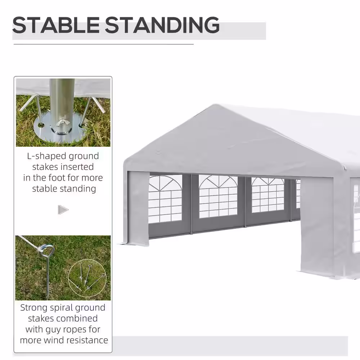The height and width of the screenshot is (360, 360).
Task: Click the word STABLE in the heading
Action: [x=55, y=25]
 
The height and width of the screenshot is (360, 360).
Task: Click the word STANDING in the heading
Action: [x=162, y=25]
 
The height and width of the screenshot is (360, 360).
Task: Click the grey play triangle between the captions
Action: [x=63, y=210]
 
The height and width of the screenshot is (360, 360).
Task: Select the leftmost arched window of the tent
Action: [x=165, y=199]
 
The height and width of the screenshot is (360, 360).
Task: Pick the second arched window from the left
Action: [x=218, y=196]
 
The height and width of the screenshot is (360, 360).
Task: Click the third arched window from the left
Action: [x=268, y=195]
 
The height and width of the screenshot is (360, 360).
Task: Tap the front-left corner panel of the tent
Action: [x=138, y=208]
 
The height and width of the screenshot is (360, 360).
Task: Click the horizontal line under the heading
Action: [x=104, y=44]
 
